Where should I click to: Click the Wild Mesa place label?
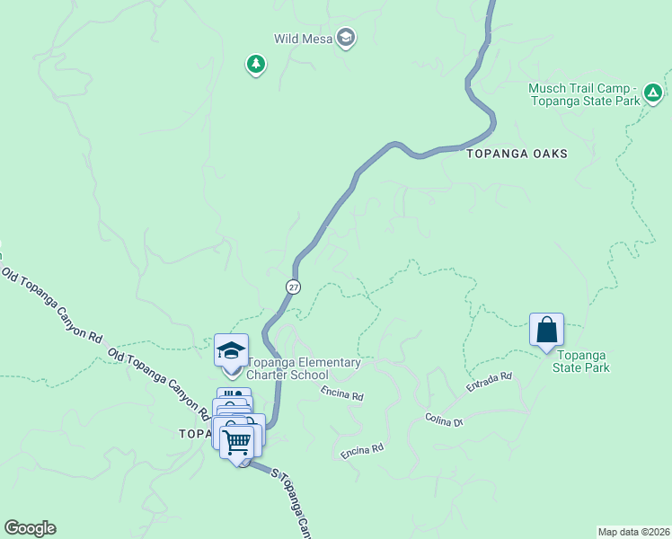(304, 38)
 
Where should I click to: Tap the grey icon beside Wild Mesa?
(346, 38)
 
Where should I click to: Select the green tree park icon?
(256, 64)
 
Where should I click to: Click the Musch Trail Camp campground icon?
(653, 92)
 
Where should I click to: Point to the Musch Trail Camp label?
(584, 94)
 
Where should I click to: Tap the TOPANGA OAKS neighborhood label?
(517, 154)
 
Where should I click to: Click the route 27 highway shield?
(294, 286)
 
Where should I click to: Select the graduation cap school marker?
(231, 349)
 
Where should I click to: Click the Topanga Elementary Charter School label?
(304, 368)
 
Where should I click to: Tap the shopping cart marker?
(237, 442)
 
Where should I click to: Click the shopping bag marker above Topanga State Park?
(546, 331)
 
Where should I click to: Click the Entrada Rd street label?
(489, 382)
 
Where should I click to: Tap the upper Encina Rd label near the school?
(342, 394)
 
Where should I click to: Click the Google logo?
(30, 528)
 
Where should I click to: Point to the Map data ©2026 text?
(633, 531)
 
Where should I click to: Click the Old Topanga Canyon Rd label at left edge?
(51, 305)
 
